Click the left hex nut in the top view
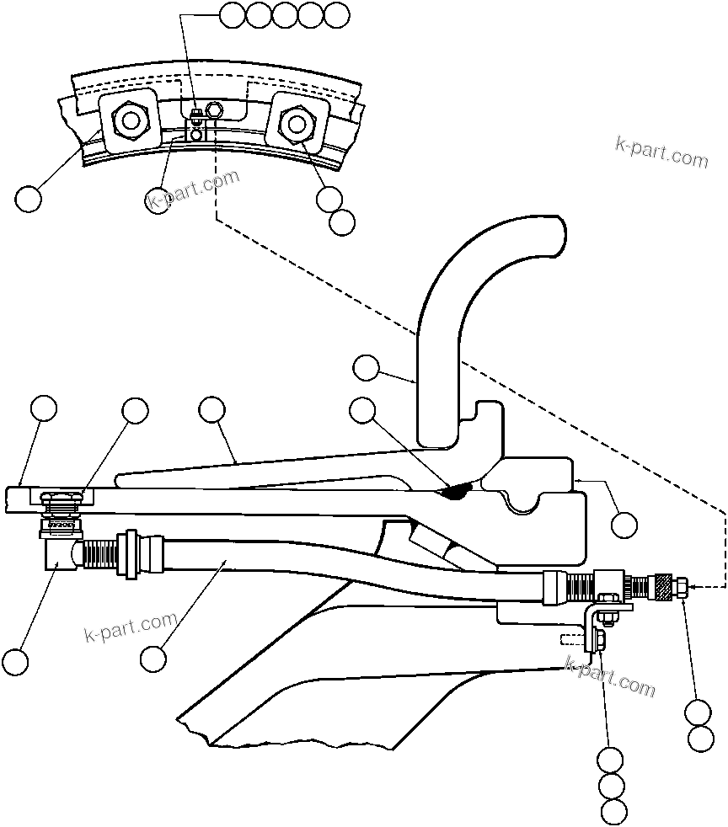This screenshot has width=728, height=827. click(x=129, y=120)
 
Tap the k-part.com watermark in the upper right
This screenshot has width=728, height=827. click(x=661, y=151)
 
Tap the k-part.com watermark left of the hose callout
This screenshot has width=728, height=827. click(x=131, y=626)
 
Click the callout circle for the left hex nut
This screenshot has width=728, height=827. click(x=28, y=199)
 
